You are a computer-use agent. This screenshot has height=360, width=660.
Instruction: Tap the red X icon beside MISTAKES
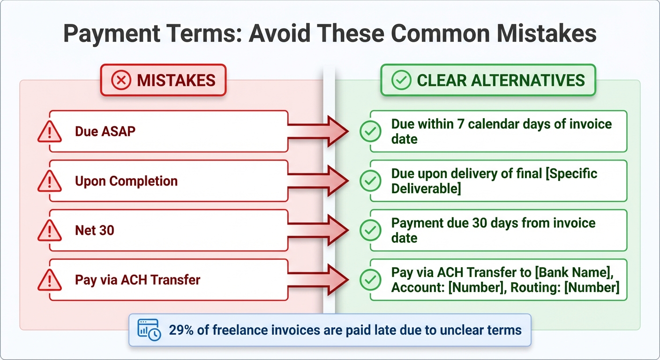pyautogui.click(x=121, y=80)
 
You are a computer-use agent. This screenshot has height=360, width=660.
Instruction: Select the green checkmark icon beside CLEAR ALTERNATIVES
pyautogui.click(x=401, y=80)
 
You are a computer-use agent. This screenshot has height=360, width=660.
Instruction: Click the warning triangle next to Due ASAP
pyautogui.click(x=50, y=132)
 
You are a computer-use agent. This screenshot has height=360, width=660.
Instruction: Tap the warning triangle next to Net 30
pyautogui.click(x=50, y=231)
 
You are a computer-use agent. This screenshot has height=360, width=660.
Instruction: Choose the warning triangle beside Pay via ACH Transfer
pyautogui.click(x=50, y=280)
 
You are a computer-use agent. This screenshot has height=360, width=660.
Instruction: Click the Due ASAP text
pyautogui.click(x=105, y=131)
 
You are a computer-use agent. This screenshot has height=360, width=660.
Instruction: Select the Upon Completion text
pyautogui.click(x=126, y=181)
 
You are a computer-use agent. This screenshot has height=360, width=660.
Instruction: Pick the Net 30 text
pyautogui.click(x=94, y=230)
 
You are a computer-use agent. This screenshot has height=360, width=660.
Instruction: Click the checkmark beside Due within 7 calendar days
pyautogui.click(x=370, y=132)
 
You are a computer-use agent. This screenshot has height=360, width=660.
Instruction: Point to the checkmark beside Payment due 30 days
pyautogui.click(x=370, y=231)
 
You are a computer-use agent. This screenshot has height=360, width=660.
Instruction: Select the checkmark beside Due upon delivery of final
pyautogui.click(x=370, y=181)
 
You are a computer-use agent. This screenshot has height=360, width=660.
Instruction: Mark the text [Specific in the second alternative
pyautogui.click(x=571, y=174)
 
